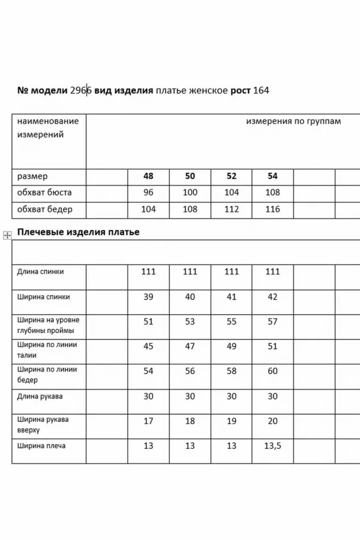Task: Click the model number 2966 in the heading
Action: [80, 91]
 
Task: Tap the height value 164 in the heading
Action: [261, 91]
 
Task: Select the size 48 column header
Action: [148, 176]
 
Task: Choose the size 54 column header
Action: [272, 176]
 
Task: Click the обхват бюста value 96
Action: [148, 193]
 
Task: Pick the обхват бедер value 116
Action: [272, 209]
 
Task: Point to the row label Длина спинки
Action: [41, 272]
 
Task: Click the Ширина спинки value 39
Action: [148, 296]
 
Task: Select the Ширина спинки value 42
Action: [272, 296]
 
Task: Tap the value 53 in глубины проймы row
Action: [190, 322]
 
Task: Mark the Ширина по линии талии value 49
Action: [231, 346]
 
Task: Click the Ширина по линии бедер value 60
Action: [272, 371]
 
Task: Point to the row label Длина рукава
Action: [40, 397]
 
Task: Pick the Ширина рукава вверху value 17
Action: [148, 421]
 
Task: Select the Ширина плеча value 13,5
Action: [272, 446]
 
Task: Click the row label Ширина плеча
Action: [42, 446]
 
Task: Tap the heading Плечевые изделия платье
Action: [78, 232]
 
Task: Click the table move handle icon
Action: [7, 235]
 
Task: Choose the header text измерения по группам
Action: [293, 121]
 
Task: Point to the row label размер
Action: [32, 176]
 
